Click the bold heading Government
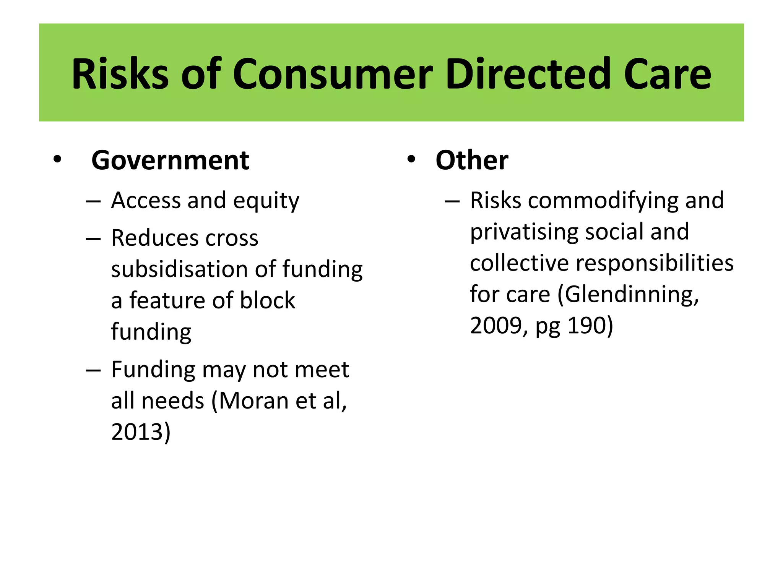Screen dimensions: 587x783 170,161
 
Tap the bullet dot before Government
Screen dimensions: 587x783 57,160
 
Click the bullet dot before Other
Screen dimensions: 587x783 411,160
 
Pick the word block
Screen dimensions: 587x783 267,300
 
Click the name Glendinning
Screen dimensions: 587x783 629,295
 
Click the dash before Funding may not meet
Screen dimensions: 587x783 93,370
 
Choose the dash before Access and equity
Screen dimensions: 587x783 93,201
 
